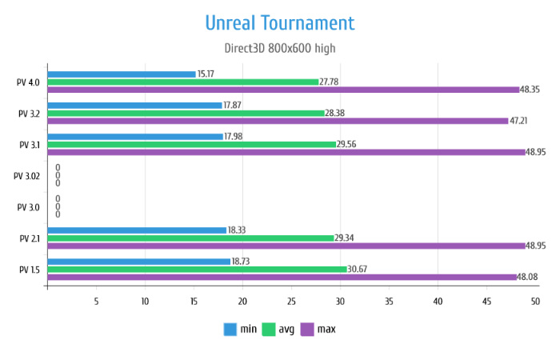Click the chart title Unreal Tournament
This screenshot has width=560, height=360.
[x=279, y=22]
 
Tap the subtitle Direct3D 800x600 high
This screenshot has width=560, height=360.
[x=279, y=48]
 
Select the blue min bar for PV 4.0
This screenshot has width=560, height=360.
[x=122, y=74]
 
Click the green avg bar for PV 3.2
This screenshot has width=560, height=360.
[x=186, y=113]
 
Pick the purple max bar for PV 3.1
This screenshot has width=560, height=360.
[x=286, y=152]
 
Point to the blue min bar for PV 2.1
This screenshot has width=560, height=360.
[x=137, y=230]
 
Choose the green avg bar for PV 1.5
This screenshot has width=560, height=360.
[x=197, y=269]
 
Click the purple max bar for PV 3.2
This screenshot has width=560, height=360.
[x=278, y=121]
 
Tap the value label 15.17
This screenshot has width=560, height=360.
[x=206, y=74]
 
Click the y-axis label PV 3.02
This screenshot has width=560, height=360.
[x=28, y=176]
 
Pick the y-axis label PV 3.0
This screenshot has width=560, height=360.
[x=29, y=207]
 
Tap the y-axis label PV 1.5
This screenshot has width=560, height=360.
[x=29, y=270]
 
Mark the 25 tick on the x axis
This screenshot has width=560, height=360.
[x=291, y=302]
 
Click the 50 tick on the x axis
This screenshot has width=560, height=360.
[x=535, y=302]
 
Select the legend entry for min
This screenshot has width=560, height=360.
[x=240, y=329]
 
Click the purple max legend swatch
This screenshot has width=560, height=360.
[x=307, y=329]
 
